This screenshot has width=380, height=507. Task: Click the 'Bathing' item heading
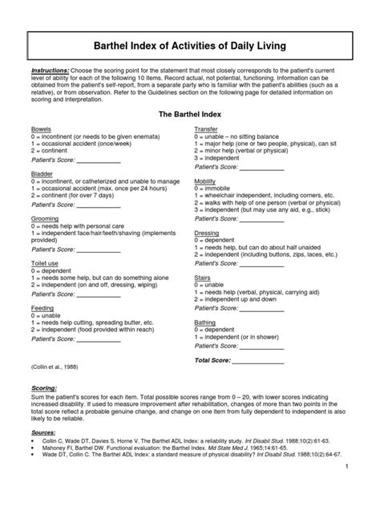(205, 322)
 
